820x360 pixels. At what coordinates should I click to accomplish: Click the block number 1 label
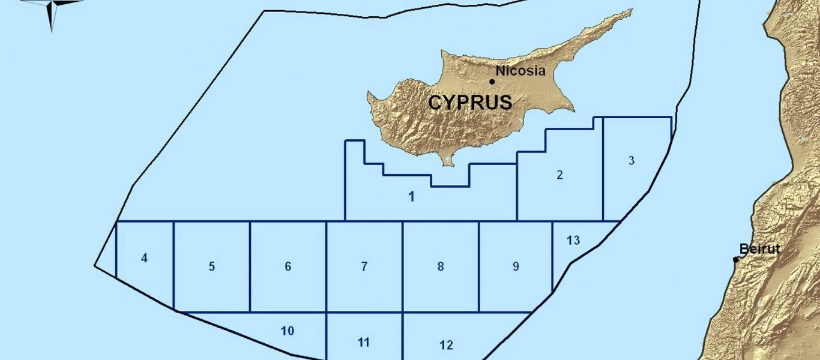pos(411,196)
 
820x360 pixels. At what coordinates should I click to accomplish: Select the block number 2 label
pos(559,175)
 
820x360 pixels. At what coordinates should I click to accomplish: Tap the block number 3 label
pos(631,160)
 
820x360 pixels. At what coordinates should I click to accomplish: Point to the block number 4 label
pos(144,258)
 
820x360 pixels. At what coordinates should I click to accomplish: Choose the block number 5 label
pos(211,266)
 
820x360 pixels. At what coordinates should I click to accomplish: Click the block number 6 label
pos(288,266)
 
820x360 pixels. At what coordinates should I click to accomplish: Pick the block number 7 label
pos(364,266)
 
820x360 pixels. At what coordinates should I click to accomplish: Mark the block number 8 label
pos(441,266)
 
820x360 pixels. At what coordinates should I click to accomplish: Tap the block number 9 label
pos(516,266)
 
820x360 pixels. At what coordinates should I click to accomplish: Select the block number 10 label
pos(287,330)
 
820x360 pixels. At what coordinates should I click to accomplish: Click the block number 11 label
pos(363,343)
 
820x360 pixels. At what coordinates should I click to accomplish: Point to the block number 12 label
pos(446,345)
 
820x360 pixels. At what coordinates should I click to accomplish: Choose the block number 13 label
pos(573,240)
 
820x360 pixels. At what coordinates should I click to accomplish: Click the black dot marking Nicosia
pos(492,82)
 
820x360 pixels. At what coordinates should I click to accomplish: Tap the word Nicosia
pos(521,71)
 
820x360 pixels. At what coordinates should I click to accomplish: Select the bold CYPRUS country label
pos(470,103)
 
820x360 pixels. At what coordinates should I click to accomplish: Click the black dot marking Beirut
pos(736,259)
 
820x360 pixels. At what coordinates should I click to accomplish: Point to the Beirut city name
pos(759,248)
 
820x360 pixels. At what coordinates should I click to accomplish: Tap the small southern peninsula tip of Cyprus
pos(447,162)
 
